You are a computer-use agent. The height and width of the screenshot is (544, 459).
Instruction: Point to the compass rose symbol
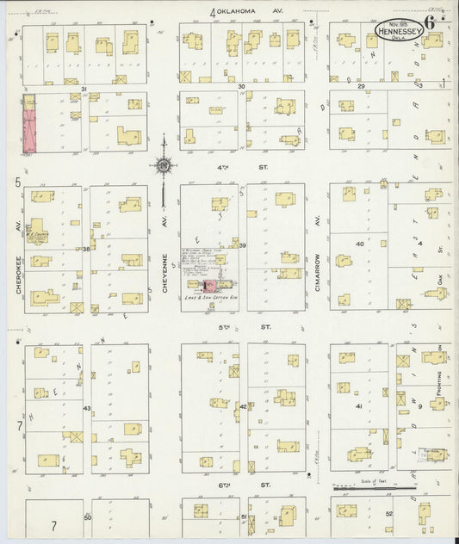163,164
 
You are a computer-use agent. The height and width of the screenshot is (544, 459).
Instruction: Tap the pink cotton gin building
208,283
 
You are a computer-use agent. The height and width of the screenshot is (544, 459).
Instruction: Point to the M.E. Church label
35,230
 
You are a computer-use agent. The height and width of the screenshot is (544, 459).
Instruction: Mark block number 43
86,407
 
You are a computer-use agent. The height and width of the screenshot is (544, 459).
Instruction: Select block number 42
243,406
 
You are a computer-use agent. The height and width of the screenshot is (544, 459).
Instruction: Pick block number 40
361,244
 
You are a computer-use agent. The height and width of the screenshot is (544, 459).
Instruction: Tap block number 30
242,87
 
